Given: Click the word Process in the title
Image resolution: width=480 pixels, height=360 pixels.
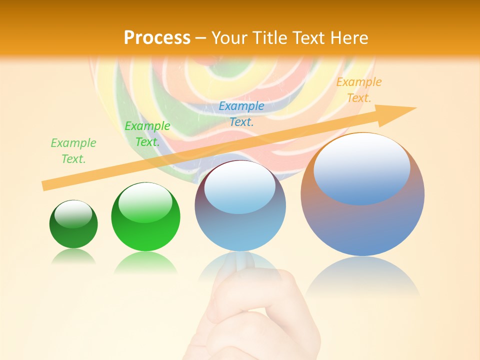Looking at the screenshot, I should coord(157,37).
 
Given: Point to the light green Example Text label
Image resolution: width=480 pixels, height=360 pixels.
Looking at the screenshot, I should coord(73,151).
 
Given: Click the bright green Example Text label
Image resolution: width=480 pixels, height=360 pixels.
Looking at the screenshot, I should coord(147,134).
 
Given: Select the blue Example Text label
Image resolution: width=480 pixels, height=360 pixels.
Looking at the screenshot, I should coord(241,113).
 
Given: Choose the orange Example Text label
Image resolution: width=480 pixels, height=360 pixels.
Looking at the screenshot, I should coord(359,90).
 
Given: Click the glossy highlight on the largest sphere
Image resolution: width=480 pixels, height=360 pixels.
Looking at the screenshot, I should coord(361,167).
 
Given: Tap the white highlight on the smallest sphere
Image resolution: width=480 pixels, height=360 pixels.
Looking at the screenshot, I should coord(73,214).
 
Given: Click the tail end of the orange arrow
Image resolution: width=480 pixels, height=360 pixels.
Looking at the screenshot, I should coord(46,185).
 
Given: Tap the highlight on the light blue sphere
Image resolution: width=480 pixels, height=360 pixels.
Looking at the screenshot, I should coord(239,186).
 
